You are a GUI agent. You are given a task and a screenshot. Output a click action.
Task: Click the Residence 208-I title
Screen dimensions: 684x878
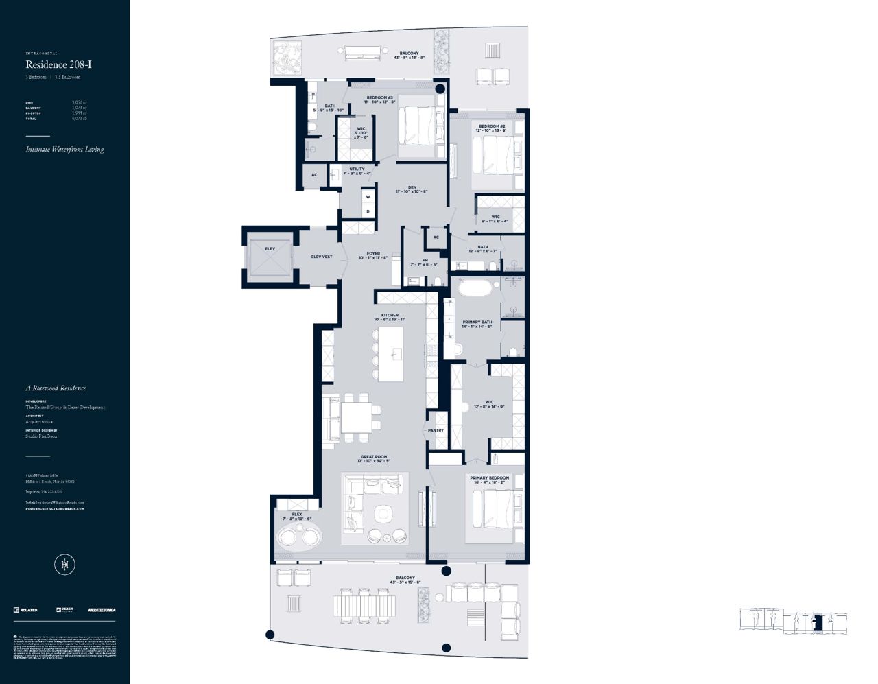click(x=58, y=64)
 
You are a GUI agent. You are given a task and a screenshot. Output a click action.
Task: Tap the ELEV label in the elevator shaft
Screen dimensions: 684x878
click(x=270, y=249)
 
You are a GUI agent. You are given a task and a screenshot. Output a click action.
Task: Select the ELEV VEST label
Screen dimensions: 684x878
click(x=322, y=257)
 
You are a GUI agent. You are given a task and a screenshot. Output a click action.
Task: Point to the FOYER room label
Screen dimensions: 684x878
click(x=373, y=254)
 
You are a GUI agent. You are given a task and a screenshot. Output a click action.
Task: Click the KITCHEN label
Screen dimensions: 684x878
click(x=390, y=316)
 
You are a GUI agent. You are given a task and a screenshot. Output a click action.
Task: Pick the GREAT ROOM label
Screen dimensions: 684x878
click(x=374, y=457)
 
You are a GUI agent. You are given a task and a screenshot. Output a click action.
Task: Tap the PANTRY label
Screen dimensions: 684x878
click(x=436, y=430)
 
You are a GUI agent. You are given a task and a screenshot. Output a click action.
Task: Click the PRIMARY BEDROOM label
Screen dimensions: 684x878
click(x=490, y=478)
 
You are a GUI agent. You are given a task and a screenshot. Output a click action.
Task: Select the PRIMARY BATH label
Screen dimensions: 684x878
click(x=477, y=322)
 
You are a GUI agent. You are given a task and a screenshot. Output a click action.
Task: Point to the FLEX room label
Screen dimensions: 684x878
click(x=296, y=515)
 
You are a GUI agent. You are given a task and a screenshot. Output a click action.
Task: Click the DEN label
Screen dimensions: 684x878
click(x=412, y=187)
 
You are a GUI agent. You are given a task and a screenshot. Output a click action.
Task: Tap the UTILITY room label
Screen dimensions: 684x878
click(x=357, y=169)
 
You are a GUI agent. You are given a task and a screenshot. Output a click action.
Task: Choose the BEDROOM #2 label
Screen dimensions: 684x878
click(x=492, y=126)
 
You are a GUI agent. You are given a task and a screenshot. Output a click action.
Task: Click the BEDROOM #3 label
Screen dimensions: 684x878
click(x=379, y=98)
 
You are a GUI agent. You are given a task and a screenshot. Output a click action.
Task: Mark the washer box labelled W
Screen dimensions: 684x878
click(x=368, y=197)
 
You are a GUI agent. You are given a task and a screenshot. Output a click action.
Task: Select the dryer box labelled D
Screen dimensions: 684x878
click(x=368, y=211)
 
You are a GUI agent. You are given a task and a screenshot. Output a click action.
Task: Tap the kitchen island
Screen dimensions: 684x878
click(x=391, y=354)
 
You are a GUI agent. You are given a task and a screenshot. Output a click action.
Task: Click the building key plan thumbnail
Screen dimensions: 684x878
click(x=794, y=621)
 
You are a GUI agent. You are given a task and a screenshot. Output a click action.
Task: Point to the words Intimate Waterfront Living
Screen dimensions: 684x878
click(x=65, y=150)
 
